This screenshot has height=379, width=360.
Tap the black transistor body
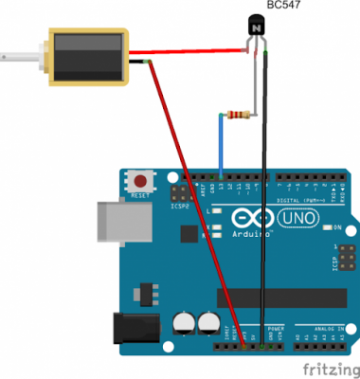point(256,29)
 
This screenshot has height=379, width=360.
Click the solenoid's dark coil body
point(86,58)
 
